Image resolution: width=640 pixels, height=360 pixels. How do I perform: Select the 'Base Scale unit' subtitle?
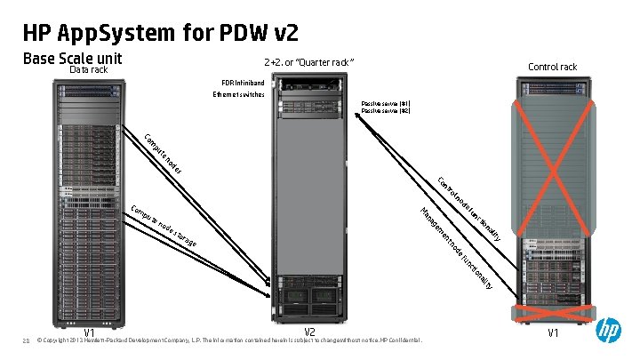pyautogui.click(x=72, y=59)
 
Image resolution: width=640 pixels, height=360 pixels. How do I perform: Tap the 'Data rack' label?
pyautogui.click(x=90, y=69)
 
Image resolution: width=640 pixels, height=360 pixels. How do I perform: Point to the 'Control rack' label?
pyautogui.click(x=552, y=67)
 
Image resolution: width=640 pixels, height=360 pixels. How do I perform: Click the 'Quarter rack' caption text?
pyautogui.click(x=309, y=62)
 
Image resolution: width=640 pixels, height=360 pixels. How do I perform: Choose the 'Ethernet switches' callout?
pyautogui.click(x=238, y=95)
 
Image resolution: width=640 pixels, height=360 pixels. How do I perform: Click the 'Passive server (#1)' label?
pyautogui.click(x=385, y=103)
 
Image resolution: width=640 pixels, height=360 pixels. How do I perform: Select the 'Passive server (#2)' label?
pyautogui.click(x=385, y=110)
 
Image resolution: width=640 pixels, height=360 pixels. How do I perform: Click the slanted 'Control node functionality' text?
pyautogui.click(x=471, y=210)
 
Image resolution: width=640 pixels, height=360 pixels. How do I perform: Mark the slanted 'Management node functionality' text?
pyautogui.click(x=455, y=249)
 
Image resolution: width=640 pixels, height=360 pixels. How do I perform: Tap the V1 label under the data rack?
pyautogui.click(x=90, y=333)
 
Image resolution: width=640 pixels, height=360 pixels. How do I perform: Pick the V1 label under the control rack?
pyautogui.click(x=553, y=333)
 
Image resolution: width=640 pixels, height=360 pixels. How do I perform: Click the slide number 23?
pyautogui.click(x=27, y=340)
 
